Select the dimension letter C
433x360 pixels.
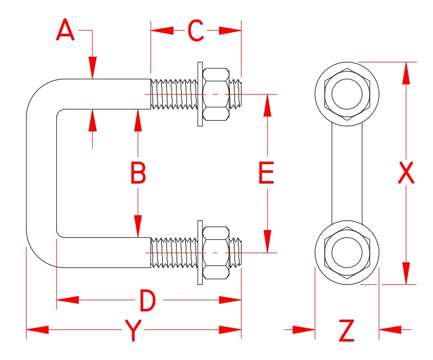pyautogui.click(x=196, y=31)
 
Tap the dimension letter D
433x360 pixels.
pyautogui.click(x=147, y=300)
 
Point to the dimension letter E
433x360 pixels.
pyautogui.click(x=267, y=173)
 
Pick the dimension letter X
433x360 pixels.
pyautogui.click(x=406, y=173)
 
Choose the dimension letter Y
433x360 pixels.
pyautogui.click(x=133, y=331)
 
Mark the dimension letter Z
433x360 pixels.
pyautogui.click(x=347, y=331)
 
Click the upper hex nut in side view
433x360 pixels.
pyautogui.click(x=215, y=95)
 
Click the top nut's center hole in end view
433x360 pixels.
pyautogui.click(x=347, y=95)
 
